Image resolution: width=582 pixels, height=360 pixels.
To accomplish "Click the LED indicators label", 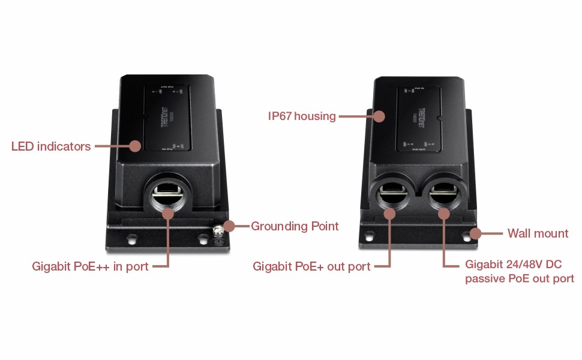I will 51,146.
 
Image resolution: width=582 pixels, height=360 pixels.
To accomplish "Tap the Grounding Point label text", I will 295,226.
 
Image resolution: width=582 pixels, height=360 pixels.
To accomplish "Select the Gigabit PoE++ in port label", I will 90,266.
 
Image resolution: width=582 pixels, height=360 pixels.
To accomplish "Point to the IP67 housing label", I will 302,116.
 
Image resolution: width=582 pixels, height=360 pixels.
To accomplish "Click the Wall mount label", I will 538,233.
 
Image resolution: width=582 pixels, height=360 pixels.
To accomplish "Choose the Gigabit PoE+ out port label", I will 311,266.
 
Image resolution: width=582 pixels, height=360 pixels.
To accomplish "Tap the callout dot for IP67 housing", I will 379,116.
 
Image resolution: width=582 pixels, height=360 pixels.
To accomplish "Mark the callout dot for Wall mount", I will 476,233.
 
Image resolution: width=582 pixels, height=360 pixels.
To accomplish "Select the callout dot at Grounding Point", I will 229,226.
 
